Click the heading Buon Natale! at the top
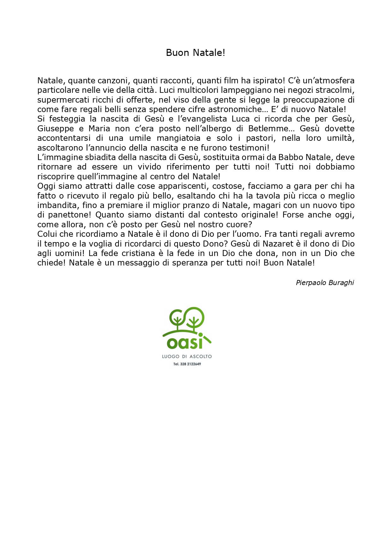tap(196, 53)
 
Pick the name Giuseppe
tap(56, 129)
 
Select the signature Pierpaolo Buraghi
tap(325, 283)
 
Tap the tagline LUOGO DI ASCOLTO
tap(187, 357)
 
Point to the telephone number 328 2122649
tap(190, 364)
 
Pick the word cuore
tap(238, 225)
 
